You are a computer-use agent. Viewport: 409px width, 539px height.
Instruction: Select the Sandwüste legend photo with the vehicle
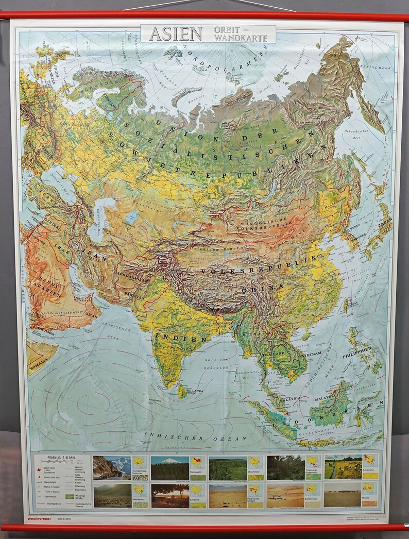285,496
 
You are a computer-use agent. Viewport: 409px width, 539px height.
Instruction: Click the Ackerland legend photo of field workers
343,467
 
